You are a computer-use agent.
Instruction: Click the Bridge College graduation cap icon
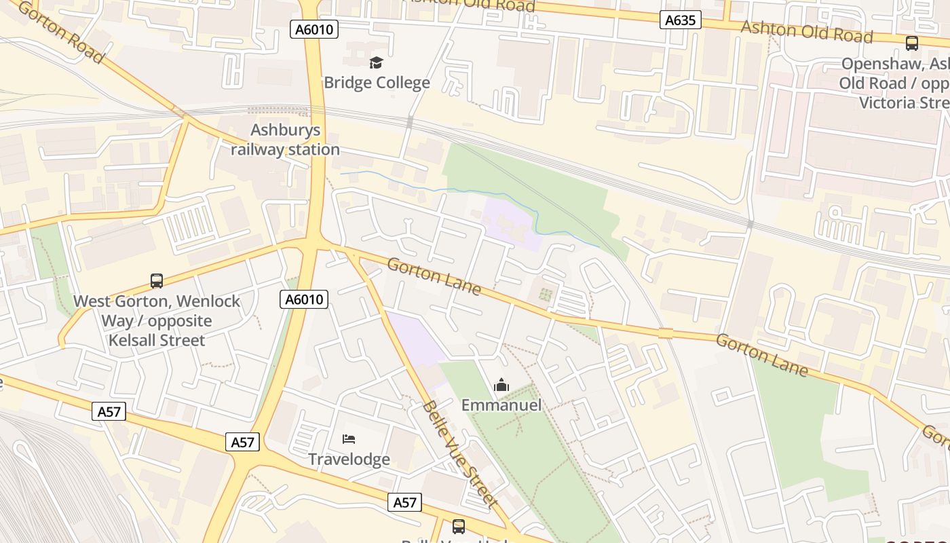click(376, 63)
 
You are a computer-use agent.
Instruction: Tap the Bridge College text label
click(377, 83)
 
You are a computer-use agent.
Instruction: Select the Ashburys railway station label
click(285, 140)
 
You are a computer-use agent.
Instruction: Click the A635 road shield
click(680, 20)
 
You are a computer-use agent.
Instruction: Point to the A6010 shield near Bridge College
click(315, 29)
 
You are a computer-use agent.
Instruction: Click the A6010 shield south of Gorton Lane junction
click(304, 299)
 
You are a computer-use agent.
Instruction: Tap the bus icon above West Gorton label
click(157, 280)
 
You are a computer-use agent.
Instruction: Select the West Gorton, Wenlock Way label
click(157, 320)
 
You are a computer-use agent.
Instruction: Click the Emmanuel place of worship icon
click(501, 386)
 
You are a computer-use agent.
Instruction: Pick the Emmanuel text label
click(501, 405)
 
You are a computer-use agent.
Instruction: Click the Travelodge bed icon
click(349, 439)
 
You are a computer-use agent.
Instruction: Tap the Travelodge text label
click(349, 460)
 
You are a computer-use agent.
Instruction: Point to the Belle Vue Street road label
click(460, 453)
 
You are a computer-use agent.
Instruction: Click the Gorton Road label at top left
click(61, 32)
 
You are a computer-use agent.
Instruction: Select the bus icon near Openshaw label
click(912, 43)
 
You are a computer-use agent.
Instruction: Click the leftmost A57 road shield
click(109, 411)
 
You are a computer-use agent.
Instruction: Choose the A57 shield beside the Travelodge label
click(242, 443)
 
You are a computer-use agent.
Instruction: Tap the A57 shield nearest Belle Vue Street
click(405, 502)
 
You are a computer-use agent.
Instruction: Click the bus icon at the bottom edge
click(459, 526)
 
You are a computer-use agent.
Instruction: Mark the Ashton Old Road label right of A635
click(806, 31)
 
